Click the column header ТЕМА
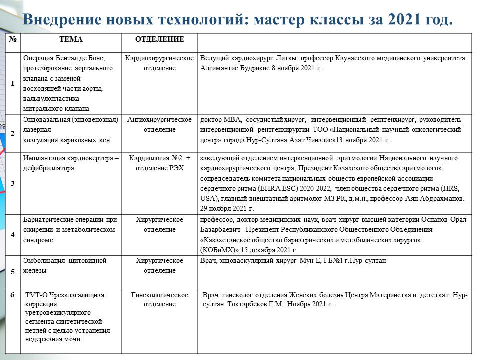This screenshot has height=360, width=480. (x=71, y=39)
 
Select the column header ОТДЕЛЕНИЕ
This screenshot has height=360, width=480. (x=160, y=39)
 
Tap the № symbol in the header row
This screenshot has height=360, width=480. (x=12, y=39)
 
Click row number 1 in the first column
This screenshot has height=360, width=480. (x=13, y=83)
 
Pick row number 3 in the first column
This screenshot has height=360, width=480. (x=13, y=183)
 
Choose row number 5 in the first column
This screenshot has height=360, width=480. (x=13, y=271)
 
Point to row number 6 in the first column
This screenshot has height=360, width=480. (x=13, y=295)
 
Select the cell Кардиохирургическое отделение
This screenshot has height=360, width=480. (x=160, y=63)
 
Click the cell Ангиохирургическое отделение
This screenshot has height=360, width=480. (x=160, y=124)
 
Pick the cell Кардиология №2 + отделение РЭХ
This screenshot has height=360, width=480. (x=160, y=163)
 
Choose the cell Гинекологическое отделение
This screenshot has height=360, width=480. (x=160, y=299)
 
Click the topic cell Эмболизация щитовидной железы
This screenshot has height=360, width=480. (x=65, y=265)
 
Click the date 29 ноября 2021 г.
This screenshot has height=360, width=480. (x=227, y=208)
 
